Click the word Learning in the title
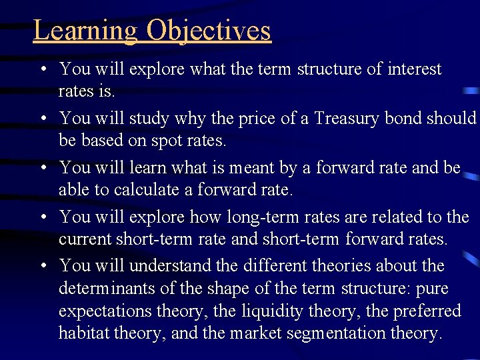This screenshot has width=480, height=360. pyautogui.click(x=85, y=31)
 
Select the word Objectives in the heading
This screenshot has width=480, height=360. pyautogui.click(x=209, y=31)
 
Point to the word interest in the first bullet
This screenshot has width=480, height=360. pyautogui.click(x=414, y=69)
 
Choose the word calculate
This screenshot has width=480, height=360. pyautogui.click(x=147, y=190)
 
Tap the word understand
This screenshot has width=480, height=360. pyautogui.click(x=171, y=266)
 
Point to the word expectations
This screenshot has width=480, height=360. pyautogui.click(x=105, y=311)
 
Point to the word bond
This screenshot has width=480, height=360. pyautogui.click(x=417, y=119)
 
